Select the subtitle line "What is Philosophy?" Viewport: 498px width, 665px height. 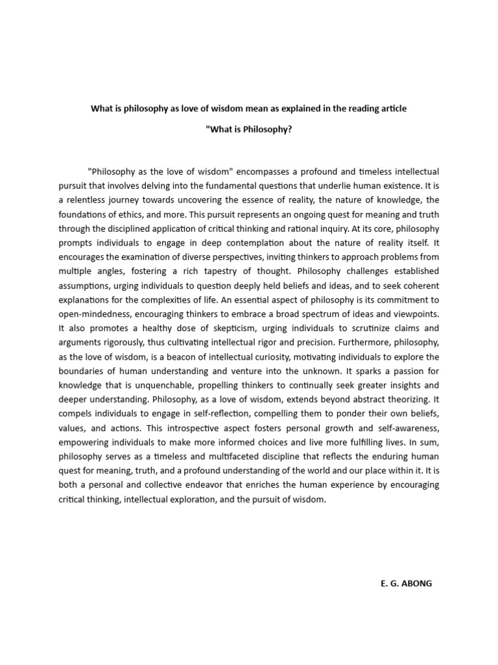(248, 130)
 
